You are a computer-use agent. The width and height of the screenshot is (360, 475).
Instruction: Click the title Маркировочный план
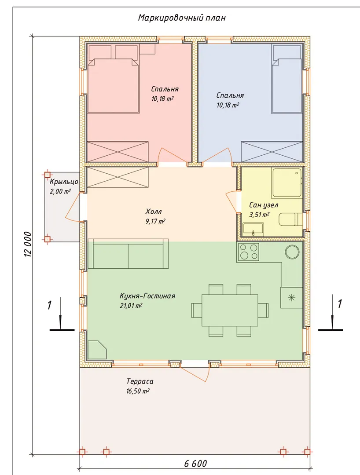(x=182, y=18)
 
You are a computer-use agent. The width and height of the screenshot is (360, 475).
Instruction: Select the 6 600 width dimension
(x=195, y=464)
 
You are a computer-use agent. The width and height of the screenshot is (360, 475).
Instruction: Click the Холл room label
(x=153, y=211)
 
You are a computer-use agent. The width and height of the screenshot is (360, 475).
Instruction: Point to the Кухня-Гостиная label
(x=147, y=296)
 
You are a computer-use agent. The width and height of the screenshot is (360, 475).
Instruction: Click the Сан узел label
(x=264, y=205)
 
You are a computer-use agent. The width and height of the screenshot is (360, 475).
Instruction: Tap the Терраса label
(x=140, y=381)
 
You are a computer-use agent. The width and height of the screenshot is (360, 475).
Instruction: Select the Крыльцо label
(x=64, y=182)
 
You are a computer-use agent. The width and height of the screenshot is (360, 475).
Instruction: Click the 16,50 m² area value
(x=138, y=391)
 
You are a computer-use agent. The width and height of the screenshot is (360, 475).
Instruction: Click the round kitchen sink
(x=292, y=252)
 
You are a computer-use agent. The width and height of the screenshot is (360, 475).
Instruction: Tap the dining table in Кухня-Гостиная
(x=230, y=310)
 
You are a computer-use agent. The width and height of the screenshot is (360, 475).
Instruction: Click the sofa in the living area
(x=128, y=254)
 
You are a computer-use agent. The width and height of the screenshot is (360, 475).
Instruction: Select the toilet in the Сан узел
(x=290, y=219)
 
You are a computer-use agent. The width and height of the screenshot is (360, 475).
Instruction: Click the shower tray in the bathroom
(x=287, y=183)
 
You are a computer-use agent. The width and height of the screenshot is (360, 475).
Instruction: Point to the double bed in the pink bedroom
(x=114, y=86)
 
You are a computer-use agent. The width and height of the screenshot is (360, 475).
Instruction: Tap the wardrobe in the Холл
(x=118, y=177)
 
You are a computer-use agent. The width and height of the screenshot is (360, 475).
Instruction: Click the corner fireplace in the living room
(x=97, y=350)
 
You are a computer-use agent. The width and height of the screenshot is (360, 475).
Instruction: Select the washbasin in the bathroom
(x=253, y=229)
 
